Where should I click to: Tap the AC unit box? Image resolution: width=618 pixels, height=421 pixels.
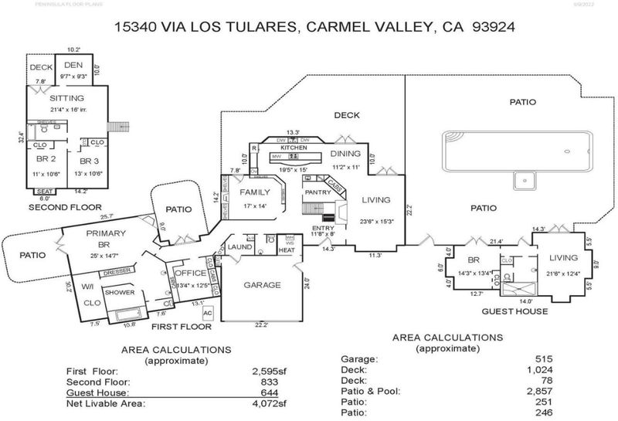207,324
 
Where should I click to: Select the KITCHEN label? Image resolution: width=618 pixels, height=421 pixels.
294,147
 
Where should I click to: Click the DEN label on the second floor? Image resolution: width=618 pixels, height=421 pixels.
73,66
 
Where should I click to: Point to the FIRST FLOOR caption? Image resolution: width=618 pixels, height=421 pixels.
178,327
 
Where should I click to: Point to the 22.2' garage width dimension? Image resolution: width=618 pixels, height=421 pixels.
260,325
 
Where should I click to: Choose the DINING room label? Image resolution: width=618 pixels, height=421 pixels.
345,153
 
